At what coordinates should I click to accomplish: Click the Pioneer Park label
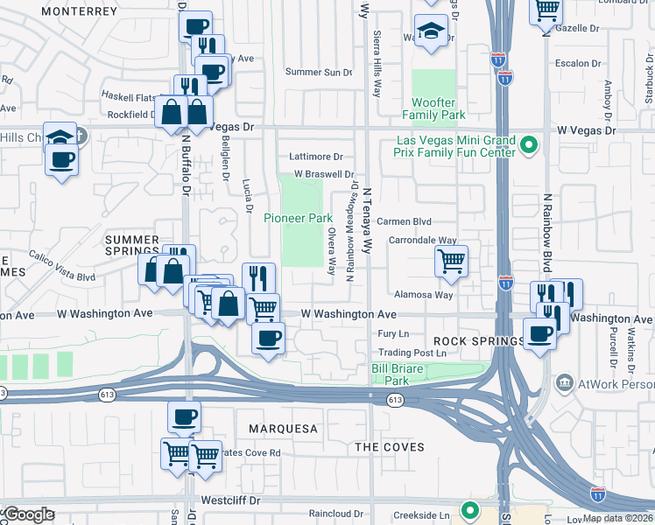pyautogui.click(x=299, y=217)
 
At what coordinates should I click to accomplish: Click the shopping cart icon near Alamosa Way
pyautogui.click(x=451, y=260)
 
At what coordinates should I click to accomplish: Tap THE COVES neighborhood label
pyautogui.click(x=389, y=447)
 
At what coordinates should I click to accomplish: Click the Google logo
pyautogui.click(x=30, y=514)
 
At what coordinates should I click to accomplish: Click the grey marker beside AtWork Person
pyautogui.click(x=564, y=382)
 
